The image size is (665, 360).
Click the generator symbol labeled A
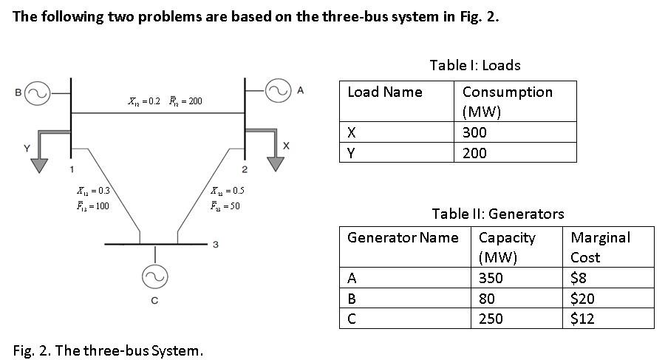tap(279, 92)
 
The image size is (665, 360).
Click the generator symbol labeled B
tap(38, 93)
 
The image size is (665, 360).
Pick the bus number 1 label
tap(72, 170)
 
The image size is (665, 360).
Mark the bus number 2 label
tap(245, 171)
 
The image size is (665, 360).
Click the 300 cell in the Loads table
tap(474, 132)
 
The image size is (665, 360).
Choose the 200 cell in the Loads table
tap(474, 153)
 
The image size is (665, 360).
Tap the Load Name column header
tap(385, 92)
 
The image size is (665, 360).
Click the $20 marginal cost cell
tap(583, 299)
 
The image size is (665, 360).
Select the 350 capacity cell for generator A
tap(492, 278)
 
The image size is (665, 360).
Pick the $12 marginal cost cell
tap(583, 319)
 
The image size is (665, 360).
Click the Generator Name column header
tap(403, 237)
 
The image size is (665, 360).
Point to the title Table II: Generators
tap(497, 214)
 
